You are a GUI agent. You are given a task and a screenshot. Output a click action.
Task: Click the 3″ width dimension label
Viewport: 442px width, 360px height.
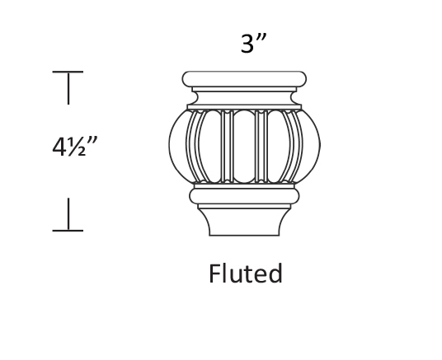pyautogui.click(x=253, y=43)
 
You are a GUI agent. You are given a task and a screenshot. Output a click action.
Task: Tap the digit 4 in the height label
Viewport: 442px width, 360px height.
pyautogui.click(x=59, y=147)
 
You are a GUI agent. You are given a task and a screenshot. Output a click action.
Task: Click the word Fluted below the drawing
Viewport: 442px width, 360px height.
pyautogui.click(x=245, y=274)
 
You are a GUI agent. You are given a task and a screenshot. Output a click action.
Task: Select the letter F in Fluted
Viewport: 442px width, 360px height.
pyautogui.click(x=214, y=274)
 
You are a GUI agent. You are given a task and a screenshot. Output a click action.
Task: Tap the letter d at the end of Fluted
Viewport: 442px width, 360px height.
pyautogui.click(x=275, y=274)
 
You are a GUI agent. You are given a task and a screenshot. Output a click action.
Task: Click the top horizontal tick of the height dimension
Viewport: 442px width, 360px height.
pyautogui.click(x=68, y=72)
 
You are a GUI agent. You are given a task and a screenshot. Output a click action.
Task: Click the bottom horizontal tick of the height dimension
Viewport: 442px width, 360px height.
pyautogui.click(x=68, y=231)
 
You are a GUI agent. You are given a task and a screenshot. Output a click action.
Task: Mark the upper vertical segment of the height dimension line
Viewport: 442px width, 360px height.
pyautogui.click(x=68, y=88)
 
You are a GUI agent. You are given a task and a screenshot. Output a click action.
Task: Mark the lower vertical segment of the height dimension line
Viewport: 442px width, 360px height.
pyautogui.click(x=68, y=214)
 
